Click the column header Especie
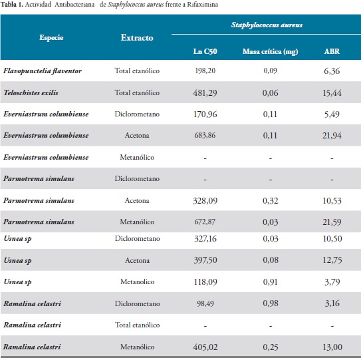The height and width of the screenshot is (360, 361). pyautogui.click(x=51, y=37)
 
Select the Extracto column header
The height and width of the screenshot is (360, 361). pyautogui.click(x=137, y=37)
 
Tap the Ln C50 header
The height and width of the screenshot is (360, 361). pyautogui.click(x=205, y=51)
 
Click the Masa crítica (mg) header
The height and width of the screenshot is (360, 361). pyautogui.click(x=271, y=51)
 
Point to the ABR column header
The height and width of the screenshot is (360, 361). pyautogui.click(x=332, y=51)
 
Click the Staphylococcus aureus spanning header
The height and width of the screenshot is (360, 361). pyautogui.click(x=267, y=25)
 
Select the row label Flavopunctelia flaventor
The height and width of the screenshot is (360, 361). pyautogui.click(x=43, y=71)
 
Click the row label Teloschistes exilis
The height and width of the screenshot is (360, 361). pyautogui.click(x=31, y=92)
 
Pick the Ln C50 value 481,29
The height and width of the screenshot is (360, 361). pyautogui.click(x=205, y=93)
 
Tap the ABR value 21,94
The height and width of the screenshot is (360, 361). pyautogui.click(x=332, y=136)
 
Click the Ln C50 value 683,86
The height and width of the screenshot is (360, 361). pyautogui.click(x=205, y=135)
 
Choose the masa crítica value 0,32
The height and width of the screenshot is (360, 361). pyautogui.click(x=271, y=201)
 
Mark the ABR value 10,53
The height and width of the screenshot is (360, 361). pyautogui.click(x=332, y=201)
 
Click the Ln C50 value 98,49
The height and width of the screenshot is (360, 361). pyautogui.click(x=205, y=303)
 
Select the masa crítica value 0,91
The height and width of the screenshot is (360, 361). pyautogui.click(x=271, y=282)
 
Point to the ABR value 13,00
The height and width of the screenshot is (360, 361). pyautogui.click(x=332, y=347)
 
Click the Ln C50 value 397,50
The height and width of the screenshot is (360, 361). pyautogui.click(x=205, y=260)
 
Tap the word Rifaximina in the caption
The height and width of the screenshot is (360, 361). pyautogui.click(x=202, y=5)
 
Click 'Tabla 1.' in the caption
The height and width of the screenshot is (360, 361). pyautogui.click(x=12, y=5)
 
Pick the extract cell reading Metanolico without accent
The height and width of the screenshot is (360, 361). pyautogui.click(x=137, y=281)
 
